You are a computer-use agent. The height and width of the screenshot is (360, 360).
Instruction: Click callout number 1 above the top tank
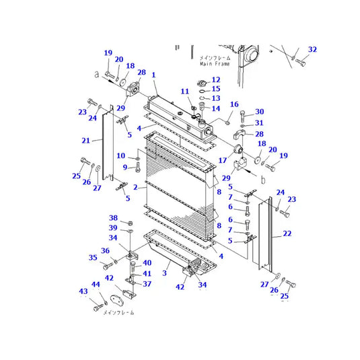(153, 75)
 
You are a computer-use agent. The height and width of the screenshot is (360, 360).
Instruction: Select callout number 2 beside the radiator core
(135, 187)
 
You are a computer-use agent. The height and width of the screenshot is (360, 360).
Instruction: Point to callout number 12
(216, 80)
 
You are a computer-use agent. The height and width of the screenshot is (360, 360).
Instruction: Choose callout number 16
(235, 104)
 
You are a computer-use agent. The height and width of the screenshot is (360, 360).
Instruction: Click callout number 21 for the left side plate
(85, 140)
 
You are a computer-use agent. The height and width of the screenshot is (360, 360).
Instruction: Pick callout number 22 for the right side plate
(287, 233)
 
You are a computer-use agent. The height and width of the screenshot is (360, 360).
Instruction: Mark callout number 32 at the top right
(312, 50)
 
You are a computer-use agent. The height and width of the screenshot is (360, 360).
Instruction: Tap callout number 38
(114, 218)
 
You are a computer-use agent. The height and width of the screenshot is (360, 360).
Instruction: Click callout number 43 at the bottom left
(84, 291)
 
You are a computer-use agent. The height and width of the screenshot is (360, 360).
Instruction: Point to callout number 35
(93, 257)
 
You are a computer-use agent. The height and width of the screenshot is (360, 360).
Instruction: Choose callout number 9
(124, 167)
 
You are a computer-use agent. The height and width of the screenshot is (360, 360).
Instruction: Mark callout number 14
(216, 108)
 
